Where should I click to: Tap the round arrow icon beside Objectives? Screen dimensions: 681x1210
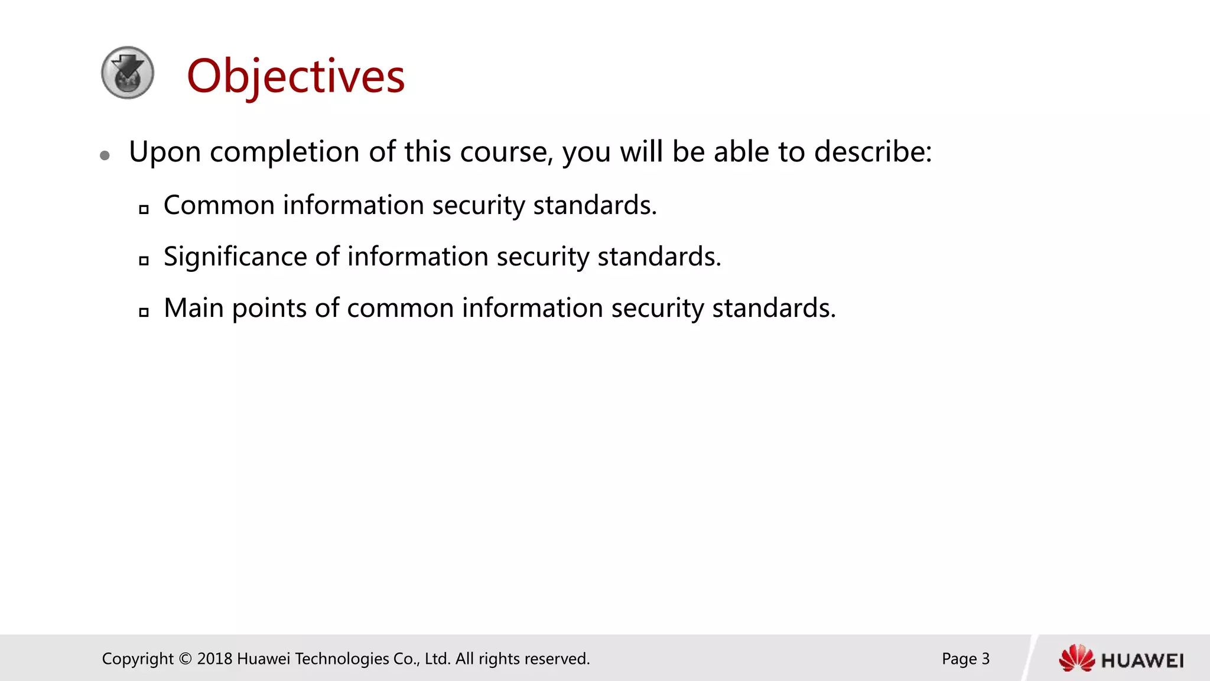(x=128, y=73)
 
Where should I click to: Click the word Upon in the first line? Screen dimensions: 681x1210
(x=165, y=153)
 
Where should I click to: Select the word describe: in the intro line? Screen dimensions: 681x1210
(x=873, y=152)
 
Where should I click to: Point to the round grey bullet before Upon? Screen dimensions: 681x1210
(x=105, y=155)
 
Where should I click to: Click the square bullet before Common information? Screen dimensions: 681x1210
(x=144, y=209)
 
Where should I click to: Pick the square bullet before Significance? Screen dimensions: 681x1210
(x=144, y=261)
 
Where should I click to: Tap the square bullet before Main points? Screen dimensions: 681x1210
(x=144, y=312)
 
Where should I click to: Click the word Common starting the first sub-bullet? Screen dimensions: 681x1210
(x=219, y=206)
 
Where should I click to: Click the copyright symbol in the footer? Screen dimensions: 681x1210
(x=185, y=659)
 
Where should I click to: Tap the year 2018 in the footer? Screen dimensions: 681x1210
(x=214, y=659)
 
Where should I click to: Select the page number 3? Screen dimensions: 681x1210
(x=985, y=659)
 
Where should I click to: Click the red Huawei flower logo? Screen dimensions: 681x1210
(x=1076, y=659)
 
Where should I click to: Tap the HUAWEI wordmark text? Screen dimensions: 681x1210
(x=1143, y=661)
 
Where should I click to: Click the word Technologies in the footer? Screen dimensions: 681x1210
(x=341, y=659)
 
